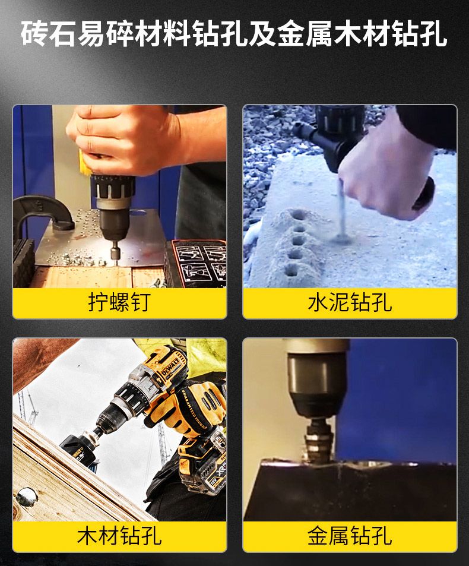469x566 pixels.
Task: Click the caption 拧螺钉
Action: (119, 302)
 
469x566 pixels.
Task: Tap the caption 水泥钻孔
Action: (350, 302)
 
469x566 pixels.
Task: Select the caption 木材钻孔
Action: (119, 536)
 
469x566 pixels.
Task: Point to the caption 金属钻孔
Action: (350, 536)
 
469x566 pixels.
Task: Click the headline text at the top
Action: (234, 34)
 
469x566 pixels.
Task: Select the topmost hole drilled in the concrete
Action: (299, 215)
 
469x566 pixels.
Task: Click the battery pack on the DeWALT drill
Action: (202, 469)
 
